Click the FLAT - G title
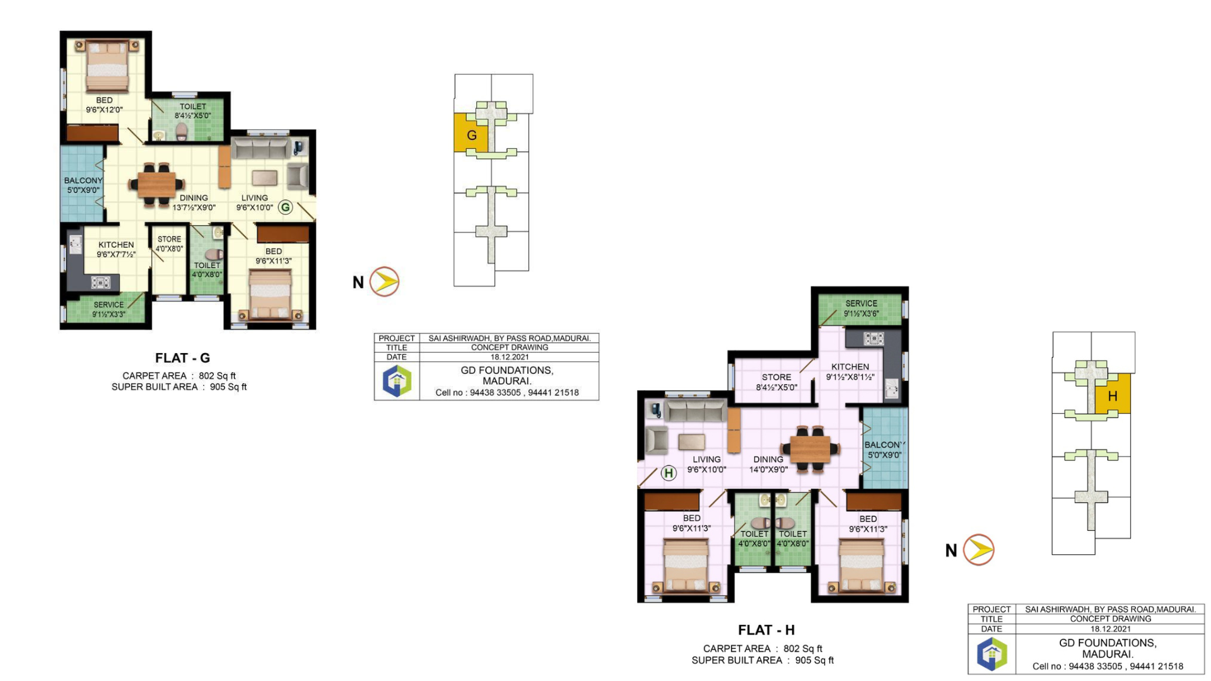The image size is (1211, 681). pyautogui.click(x=182, y=358)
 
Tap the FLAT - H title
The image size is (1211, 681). pyautogui.click(x=766, y=630)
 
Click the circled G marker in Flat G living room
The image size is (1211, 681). pyautogui.click(x=286, y=207)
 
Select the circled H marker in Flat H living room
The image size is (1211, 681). pyautogui.click(x=669, y=473)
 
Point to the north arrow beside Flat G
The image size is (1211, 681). pyautogui.click(x=384, y=282)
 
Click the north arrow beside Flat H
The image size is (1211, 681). pyautogui.click(x=979, y=550)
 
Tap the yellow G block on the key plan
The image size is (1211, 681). pyautogui.click(x=471, y=133)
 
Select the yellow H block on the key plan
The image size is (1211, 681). pyautogui.click(x=1113, y=395)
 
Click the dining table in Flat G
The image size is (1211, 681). pyautogui.click(x=156, y=184)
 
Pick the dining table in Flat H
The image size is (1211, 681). pyautogui.click(x=810, y=449)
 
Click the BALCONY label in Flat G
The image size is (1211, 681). pyautogui.click(x=83, y=180)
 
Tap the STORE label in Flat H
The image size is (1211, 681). pyautogui.click(x=776, y=377)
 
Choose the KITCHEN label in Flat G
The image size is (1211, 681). pyautogui.click(x=116, y=245)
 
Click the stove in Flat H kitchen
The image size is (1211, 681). pyautogui.click(x=874, y=339)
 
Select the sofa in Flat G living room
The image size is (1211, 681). pyautogui.click(x=260, y=149)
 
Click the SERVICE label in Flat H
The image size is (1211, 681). pyautogui.click(x=861, y=303)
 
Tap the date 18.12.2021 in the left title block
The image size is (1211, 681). pyautogui.click(x=510, y=357)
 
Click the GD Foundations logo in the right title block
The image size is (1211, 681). pyautogui.click(x=992, y=654)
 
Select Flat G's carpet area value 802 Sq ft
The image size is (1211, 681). pyautogui.click(x=217, y=376)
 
